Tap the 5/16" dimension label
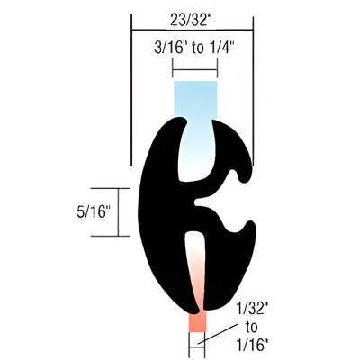tap(94, 212)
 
